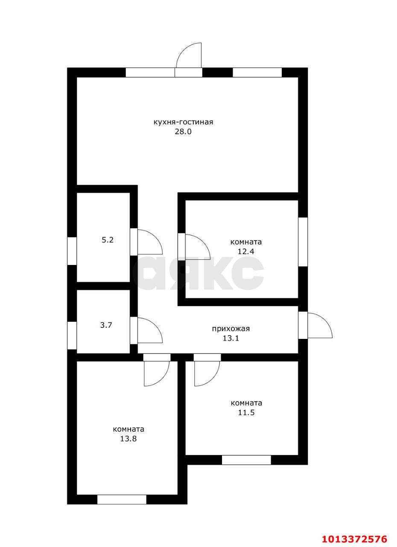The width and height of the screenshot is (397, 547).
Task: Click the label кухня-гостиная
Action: (x=183, y=122)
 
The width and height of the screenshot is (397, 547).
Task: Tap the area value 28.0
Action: (x=183, y=132)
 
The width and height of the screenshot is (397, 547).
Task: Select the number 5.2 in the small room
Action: (x=108, y=240)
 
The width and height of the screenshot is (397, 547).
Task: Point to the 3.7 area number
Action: (x=106, y=325)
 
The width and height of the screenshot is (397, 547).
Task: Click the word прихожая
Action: (x=231, y=329)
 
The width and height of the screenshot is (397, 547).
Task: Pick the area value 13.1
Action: (x=231, y=338)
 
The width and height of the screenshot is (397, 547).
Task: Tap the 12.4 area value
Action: (x=246, y=252)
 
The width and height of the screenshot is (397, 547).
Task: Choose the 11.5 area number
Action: (x=246, y=413)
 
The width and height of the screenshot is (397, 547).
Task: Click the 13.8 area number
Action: (x=128, y=439)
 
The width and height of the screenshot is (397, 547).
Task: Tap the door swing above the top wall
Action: (x=189, y=55)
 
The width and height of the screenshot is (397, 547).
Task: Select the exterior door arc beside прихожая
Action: (x=320, y=326)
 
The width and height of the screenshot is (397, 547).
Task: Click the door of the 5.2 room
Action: (x=150, y=242)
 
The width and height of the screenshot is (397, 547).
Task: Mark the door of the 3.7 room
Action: (x=150, y=330)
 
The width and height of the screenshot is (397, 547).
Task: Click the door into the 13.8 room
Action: (x=157, y=373)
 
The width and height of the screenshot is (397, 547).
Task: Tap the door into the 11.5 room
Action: (x=207, y=373)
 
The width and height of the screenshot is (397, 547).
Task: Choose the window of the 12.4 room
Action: (x=303, y=242)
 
